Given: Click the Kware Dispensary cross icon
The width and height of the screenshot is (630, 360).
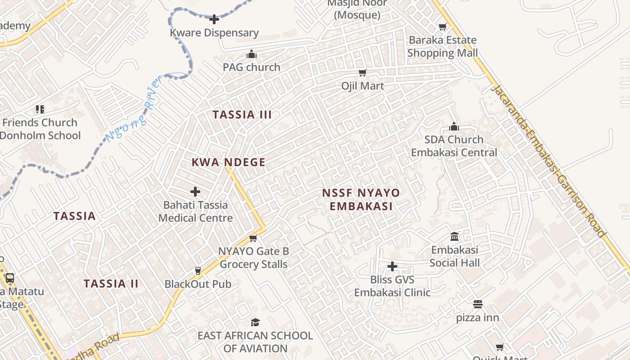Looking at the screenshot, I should coord(214,19).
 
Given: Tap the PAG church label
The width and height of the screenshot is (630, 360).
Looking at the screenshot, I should coord(252,67).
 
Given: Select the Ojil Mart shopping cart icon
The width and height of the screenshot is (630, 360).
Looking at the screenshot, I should coord(362,72).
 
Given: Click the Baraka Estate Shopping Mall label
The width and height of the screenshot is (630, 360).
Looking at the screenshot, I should coord(442,46).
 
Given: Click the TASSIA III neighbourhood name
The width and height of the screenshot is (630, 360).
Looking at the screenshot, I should coord(243,115).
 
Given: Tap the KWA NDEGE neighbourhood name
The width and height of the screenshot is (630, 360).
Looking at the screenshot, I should coord(229,162).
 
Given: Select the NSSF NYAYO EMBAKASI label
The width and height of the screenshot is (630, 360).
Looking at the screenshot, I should coord(361,199).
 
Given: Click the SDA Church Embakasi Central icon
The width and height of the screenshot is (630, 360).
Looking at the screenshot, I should coord(454,126).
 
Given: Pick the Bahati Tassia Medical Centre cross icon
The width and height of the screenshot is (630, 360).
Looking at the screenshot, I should coord(195,192).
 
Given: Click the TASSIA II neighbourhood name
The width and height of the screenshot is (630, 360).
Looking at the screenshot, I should coord(111,283).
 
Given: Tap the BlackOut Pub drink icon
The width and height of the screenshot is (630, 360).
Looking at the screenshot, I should coord(198,270).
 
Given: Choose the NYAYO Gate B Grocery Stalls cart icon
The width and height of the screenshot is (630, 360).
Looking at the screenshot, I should coord(253,238).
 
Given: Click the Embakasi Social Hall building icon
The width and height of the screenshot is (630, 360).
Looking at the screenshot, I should coord(454,237).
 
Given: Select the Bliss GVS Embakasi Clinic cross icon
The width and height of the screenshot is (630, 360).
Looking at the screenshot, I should coord(392,266).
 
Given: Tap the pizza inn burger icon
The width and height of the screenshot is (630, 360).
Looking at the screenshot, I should coord(477,304).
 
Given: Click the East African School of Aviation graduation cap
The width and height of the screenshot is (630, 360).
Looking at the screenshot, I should coord(255,322).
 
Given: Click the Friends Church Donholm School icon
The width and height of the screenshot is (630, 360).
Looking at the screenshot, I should coord(40,109).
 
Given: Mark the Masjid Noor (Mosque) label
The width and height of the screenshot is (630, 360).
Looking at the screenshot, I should coord(357,9).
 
